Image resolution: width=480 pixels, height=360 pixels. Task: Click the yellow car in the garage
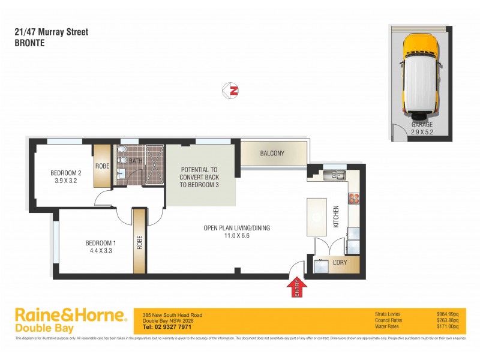pyautogui.click(x=421, y=75)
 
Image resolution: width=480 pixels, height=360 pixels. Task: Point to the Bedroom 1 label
pyautogui.click(x=100, y=242)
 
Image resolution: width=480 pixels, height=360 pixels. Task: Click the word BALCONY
pyautogui.click(x=272, y=154)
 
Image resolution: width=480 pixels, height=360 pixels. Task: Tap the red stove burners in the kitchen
pyautogui.click(x=353, y=198)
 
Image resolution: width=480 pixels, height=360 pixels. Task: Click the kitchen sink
pyautogui.click(x=332, y=175)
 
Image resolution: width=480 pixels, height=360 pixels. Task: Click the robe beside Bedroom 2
pyautogui.click(x=101, y=166)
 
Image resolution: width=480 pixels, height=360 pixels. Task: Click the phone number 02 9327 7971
pyautogui.click(x=167, y=327)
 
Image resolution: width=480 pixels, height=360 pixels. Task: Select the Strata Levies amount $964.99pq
pyautogui.click(x=448, y=314)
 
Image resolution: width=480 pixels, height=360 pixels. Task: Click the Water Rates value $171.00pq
pyautogui.click(x=448, y=327)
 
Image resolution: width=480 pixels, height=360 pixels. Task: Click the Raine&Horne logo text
pyautogui.click(x=70, y=316)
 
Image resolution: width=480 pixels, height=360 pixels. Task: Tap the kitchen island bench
pyautogui.click(x=315, y=217)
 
